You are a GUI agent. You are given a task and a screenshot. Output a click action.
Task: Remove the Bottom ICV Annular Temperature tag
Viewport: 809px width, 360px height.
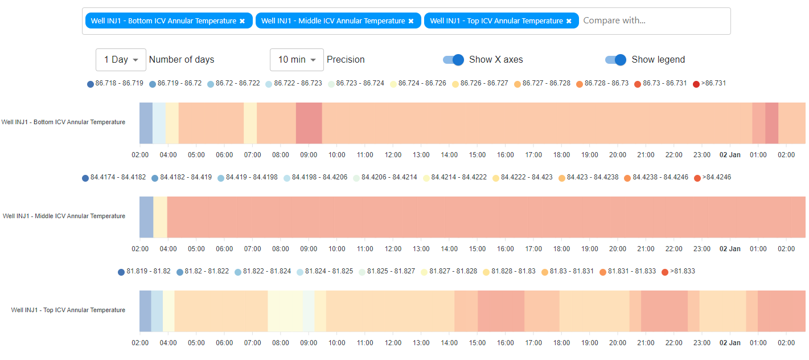click(242, 21)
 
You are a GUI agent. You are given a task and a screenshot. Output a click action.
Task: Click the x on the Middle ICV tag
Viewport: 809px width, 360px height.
click(411, 21)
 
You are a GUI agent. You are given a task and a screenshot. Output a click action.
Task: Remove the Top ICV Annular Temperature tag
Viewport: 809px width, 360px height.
click(569, 21)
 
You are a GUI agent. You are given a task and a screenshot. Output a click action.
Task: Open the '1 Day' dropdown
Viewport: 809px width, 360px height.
click(121, 60)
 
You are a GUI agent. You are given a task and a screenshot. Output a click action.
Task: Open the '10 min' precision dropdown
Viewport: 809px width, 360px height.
click(297, 60)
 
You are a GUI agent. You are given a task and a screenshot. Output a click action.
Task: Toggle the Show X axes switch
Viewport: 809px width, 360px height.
click(454, 60)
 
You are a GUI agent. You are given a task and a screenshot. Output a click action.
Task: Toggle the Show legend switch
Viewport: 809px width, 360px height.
click(616, 60)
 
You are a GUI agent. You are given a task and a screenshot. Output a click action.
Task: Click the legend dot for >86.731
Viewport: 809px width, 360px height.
click(696, 84)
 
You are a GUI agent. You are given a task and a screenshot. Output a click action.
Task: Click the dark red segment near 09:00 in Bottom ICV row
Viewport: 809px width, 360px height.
click(309, 123)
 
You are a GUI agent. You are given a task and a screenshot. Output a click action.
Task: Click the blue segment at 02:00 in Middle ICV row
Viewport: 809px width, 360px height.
click(146, 217)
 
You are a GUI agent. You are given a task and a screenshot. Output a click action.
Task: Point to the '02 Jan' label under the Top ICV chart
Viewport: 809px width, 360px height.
click(730, 343)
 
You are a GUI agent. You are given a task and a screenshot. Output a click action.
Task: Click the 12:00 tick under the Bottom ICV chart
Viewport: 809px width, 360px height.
click(393, 155)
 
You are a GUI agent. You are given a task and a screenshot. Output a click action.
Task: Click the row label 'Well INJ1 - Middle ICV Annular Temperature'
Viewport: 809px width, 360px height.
click(64, 216)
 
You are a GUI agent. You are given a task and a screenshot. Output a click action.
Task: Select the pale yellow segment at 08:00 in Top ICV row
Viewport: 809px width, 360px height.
click(285, 311)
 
